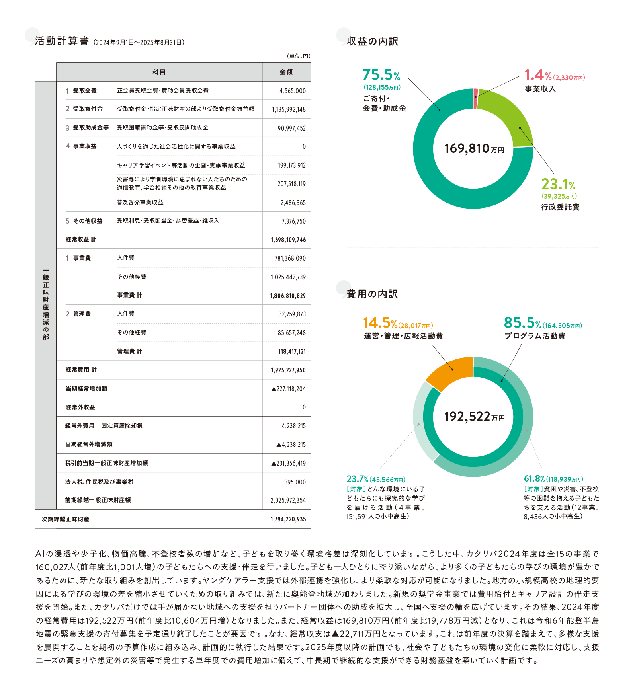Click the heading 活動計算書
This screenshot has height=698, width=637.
pyautogui.click(x=62, y=41)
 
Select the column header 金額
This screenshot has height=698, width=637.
pyautogui.click(x=286, y=72)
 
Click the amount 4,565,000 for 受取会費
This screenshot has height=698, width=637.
pyautogui.click(x=292, y=91)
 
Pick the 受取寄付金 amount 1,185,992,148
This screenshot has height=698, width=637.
pyautogui.click(x=289, y=109)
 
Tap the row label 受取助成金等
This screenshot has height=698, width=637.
pyautogui.click(x=90, y=128)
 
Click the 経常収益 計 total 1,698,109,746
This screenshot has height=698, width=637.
pyautogui.click(x=288, y=240)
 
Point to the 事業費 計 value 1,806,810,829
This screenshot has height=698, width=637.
pyautogui.click(x=287, y=296)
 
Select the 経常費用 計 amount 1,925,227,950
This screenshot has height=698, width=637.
pyautogui.click(x=288, y=370)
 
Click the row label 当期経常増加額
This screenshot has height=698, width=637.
pyautogui.click(x=86, y=389)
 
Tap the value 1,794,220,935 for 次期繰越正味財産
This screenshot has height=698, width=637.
pyautogui.click(x=288, y=519)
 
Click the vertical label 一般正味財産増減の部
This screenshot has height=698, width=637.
pyautogui.click(x=46, y=304)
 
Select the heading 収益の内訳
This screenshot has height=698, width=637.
pyautogui.click(x=372, y=41)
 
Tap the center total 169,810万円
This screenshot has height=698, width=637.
pyautogui.click(x=474, y=148)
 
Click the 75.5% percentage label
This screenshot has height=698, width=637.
pyautogui.click(x=381, y=75)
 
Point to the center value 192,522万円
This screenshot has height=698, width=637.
pyautogui.click(x=474, y=417)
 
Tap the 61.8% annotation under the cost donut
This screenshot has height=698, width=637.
pyautogui.click(x=534, y=479)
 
